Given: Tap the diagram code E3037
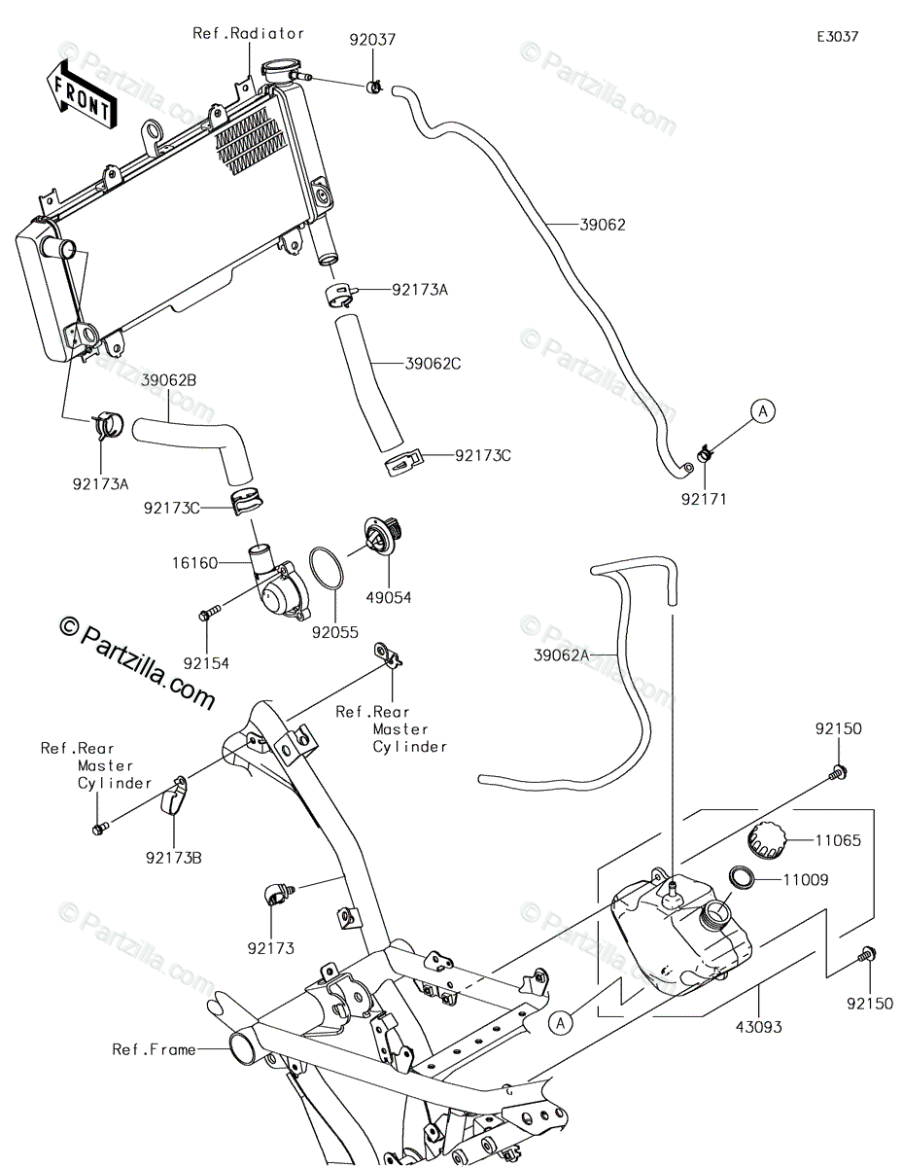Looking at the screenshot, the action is (838, 37).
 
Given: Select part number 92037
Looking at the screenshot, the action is (373, 40).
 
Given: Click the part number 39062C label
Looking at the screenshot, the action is (434, 364).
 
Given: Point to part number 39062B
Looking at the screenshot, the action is (169, 381).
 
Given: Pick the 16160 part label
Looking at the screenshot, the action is (194, 563).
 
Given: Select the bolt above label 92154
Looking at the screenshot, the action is (210, 614).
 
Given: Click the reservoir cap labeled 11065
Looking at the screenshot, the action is (766, 841).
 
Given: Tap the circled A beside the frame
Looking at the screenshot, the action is (561, 1024).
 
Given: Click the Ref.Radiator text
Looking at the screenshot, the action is (249, 34).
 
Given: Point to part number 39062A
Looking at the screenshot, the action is (561, 655).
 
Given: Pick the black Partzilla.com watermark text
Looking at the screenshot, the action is (137, 662).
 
